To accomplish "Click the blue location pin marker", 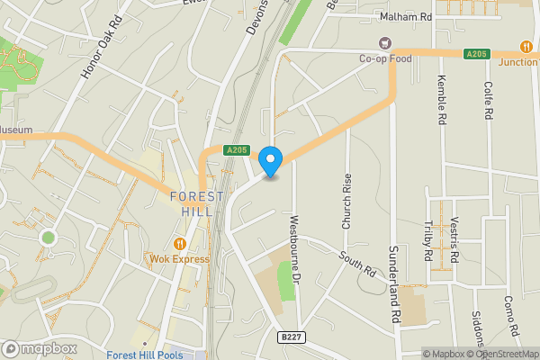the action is pos(270,161).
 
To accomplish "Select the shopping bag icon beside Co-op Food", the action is pos(386,42).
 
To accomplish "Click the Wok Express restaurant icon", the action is pos(180,243).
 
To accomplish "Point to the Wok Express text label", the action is pos(179,259).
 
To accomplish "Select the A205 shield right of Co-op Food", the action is pos(476,54).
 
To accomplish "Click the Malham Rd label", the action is pos(407,16).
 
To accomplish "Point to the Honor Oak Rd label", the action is pos(101,57).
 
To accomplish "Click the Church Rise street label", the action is pos(347,200).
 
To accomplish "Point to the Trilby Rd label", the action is pos(428,241).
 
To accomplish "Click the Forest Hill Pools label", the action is pos(143,355).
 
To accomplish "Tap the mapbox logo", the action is pos(39,348).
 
